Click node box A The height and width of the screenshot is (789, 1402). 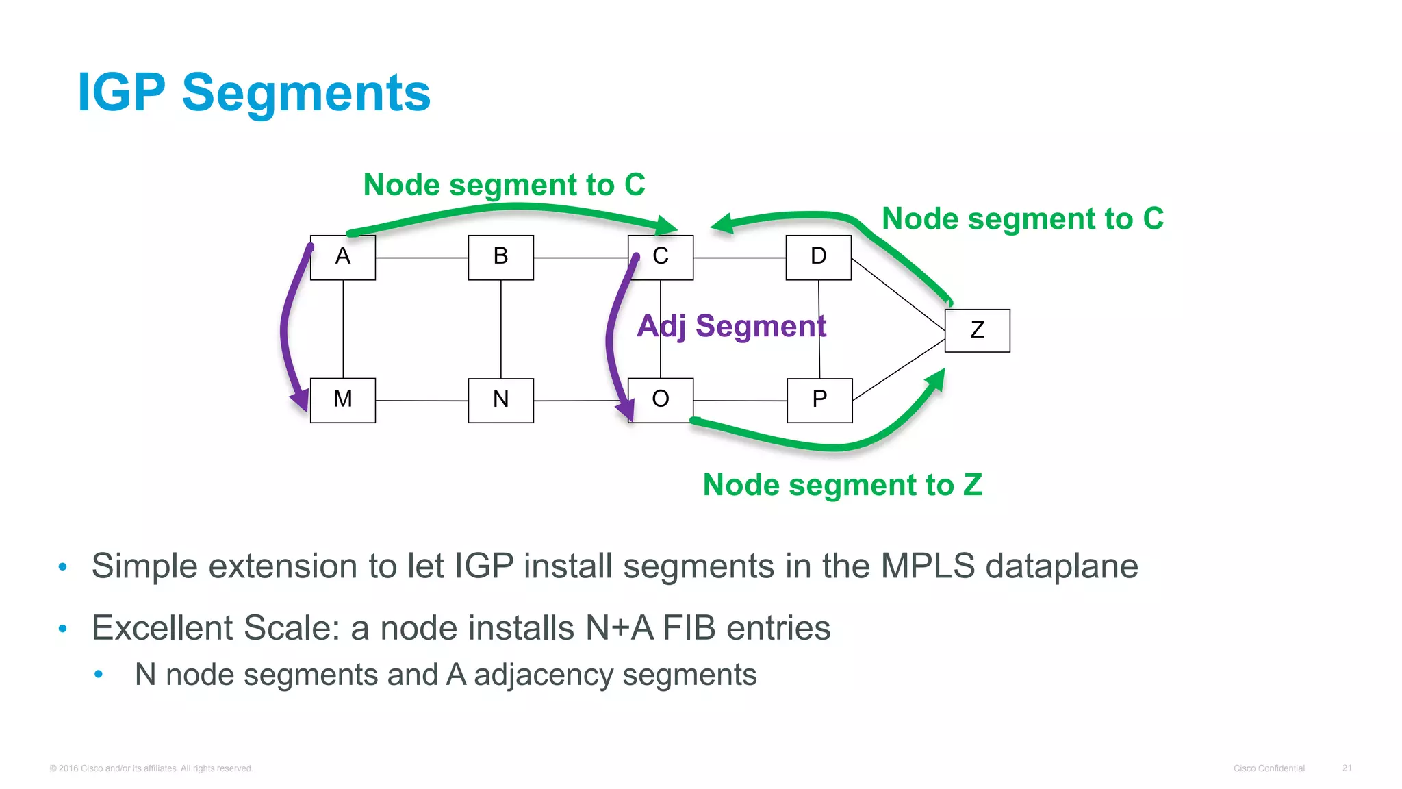coord(342,258)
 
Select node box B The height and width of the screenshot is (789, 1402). coord(500,258)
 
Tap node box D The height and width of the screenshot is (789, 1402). coord(818,258)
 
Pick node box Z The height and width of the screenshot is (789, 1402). coord(977,331)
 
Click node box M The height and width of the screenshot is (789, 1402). coord(342,400)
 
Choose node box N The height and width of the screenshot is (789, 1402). coord(500,400)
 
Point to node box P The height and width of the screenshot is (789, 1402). coord(819,400)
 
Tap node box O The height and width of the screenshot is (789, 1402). coord(660,400)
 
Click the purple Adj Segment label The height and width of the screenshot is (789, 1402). coord(731,326)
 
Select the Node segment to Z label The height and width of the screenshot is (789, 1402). coord(842,485)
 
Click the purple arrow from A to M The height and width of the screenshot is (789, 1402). coord(285,329)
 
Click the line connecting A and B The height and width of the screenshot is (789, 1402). coord(422,258)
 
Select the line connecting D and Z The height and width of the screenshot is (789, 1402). coord(897,294)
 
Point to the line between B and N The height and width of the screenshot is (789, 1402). coord(500,329)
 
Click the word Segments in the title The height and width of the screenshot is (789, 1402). coord(306,93)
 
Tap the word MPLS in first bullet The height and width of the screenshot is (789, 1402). coord(927,566)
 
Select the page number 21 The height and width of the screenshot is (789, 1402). coord(1347,768)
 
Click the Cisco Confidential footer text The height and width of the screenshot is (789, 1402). coord(1269,768)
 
